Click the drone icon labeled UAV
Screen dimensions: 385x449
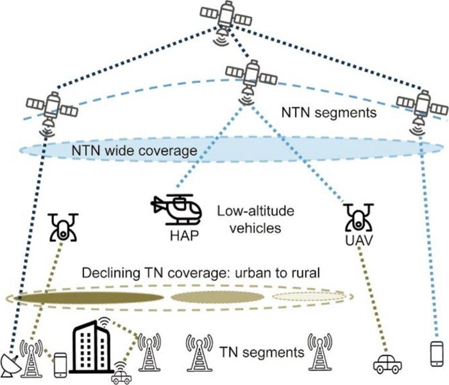tap(357, 218)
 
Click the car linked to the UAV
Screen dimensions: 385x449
tap(387, 364)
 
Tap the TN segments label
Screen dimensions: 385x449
tap(262, 352)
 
